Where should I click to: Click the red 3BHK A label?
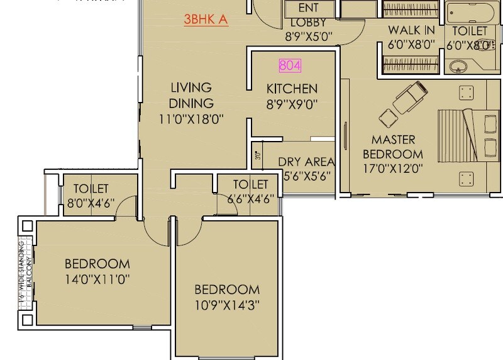coord(206,20)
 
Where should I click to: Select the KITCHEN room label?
coord(292,89)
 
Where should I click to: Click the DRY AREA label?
coord(306,162)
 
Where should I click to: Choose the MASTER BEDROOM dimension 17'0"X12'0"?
coord(396,168)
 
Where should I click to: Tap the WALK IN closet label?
coord(411,30)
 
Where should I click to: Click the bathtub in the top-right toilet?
coord(472,13)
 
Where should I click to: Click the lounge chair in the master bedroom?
coord(407,99)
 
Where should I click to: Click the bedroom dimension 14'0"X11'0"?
coord(97,278)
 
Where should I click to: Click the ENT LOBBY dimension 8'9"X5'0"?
coord(308,36)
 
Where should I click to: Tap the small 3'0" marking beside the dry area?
coord(257,155)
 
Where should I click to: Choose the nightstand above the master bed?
coord(466,93)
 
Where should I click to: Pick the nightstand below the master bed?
coord(466,178)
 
